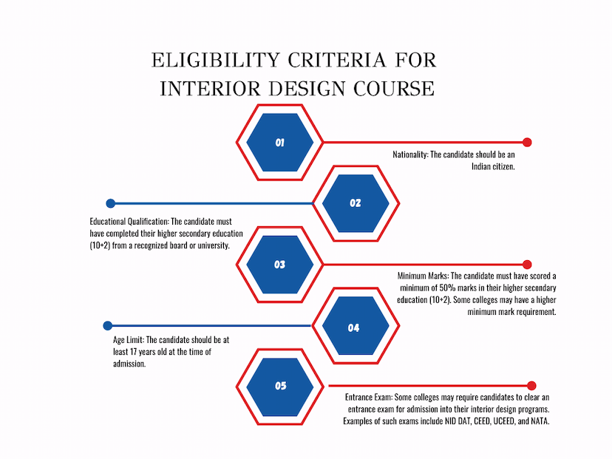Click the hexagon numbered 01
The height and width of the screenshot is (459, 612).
coord(280,143)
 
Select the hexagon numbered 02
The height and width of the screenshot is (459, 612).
coord(356,203)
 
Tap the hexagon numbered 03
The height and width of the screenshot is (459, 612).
coord(280,265)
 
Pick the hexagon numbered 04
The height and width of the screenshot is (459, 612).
coord(356,325)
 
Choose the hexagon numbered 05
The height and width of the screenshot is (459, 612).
coord(280,387)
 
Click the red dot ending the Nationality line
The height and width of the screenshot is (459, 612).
coord(527,142)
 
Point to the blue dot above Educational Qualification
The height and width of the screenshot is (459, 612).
coord(110,203)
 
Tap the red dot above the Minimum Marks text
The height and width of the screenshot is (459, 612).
coord(527,264)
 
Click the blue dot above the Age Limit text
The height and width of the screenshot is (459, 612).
coord(108,325)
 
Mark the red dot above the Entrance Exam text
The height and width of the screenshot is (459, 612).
coord(531,386)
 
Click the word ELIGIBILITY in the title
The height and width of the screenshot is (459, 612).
coord(215,61)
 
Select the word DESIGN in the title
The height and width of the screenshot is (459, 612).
coord(307,89)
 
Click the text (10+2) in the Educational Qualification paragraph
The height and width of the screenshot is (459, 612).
coord(100,245)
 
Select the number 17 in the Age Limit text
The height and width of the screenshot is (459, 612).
coord(133,352)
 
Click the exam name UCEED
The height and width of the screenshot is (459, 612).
coord(504,421)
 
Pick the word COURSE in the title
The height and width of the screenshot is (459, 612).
coord(394,89)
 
